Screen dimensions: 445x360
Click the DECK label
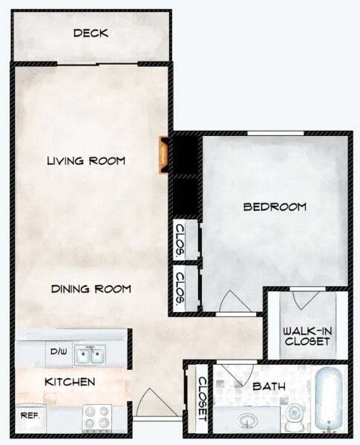91,33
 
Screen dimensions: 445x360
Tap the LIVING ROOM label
85,160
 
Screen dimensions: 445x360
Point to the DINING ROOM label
91,289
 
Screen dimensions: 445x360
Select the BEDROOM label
275,207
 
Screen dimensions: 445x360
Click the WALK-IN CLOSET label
306,336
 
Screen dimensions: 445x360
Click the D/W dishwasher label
59,351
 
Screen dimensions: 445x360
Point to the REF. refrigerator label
30,415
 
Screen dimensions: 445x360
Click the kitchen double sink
93,354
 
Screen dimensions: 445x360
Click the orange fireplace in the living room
161,152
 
